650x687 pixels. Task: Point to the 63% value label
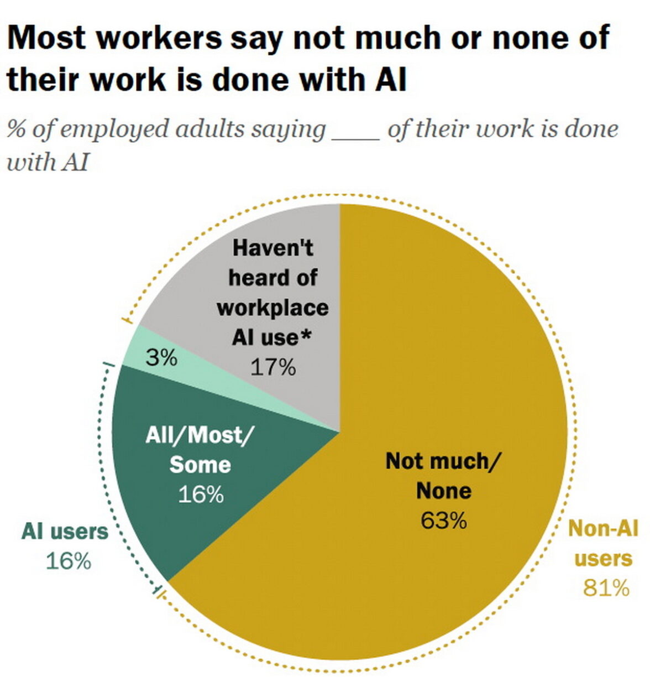[443, 521]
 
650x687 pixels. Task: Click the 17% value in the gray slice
[273, 367]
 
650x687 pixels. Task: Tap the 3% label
[161, 358]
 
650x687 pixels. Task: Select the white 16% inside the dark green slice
[200, 494]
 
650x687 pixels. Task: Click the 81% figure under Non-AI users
[606, 588]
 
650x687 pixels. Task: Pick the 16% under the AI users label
[67, 561]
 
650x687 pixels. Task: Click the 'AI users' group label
[65, 532]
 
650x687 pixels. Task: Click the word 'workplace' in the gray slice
[272, 307]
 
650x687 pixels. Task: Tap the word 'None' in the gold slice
[443, 491]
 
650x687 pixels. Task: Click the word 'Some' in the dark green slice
[200, 465]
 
